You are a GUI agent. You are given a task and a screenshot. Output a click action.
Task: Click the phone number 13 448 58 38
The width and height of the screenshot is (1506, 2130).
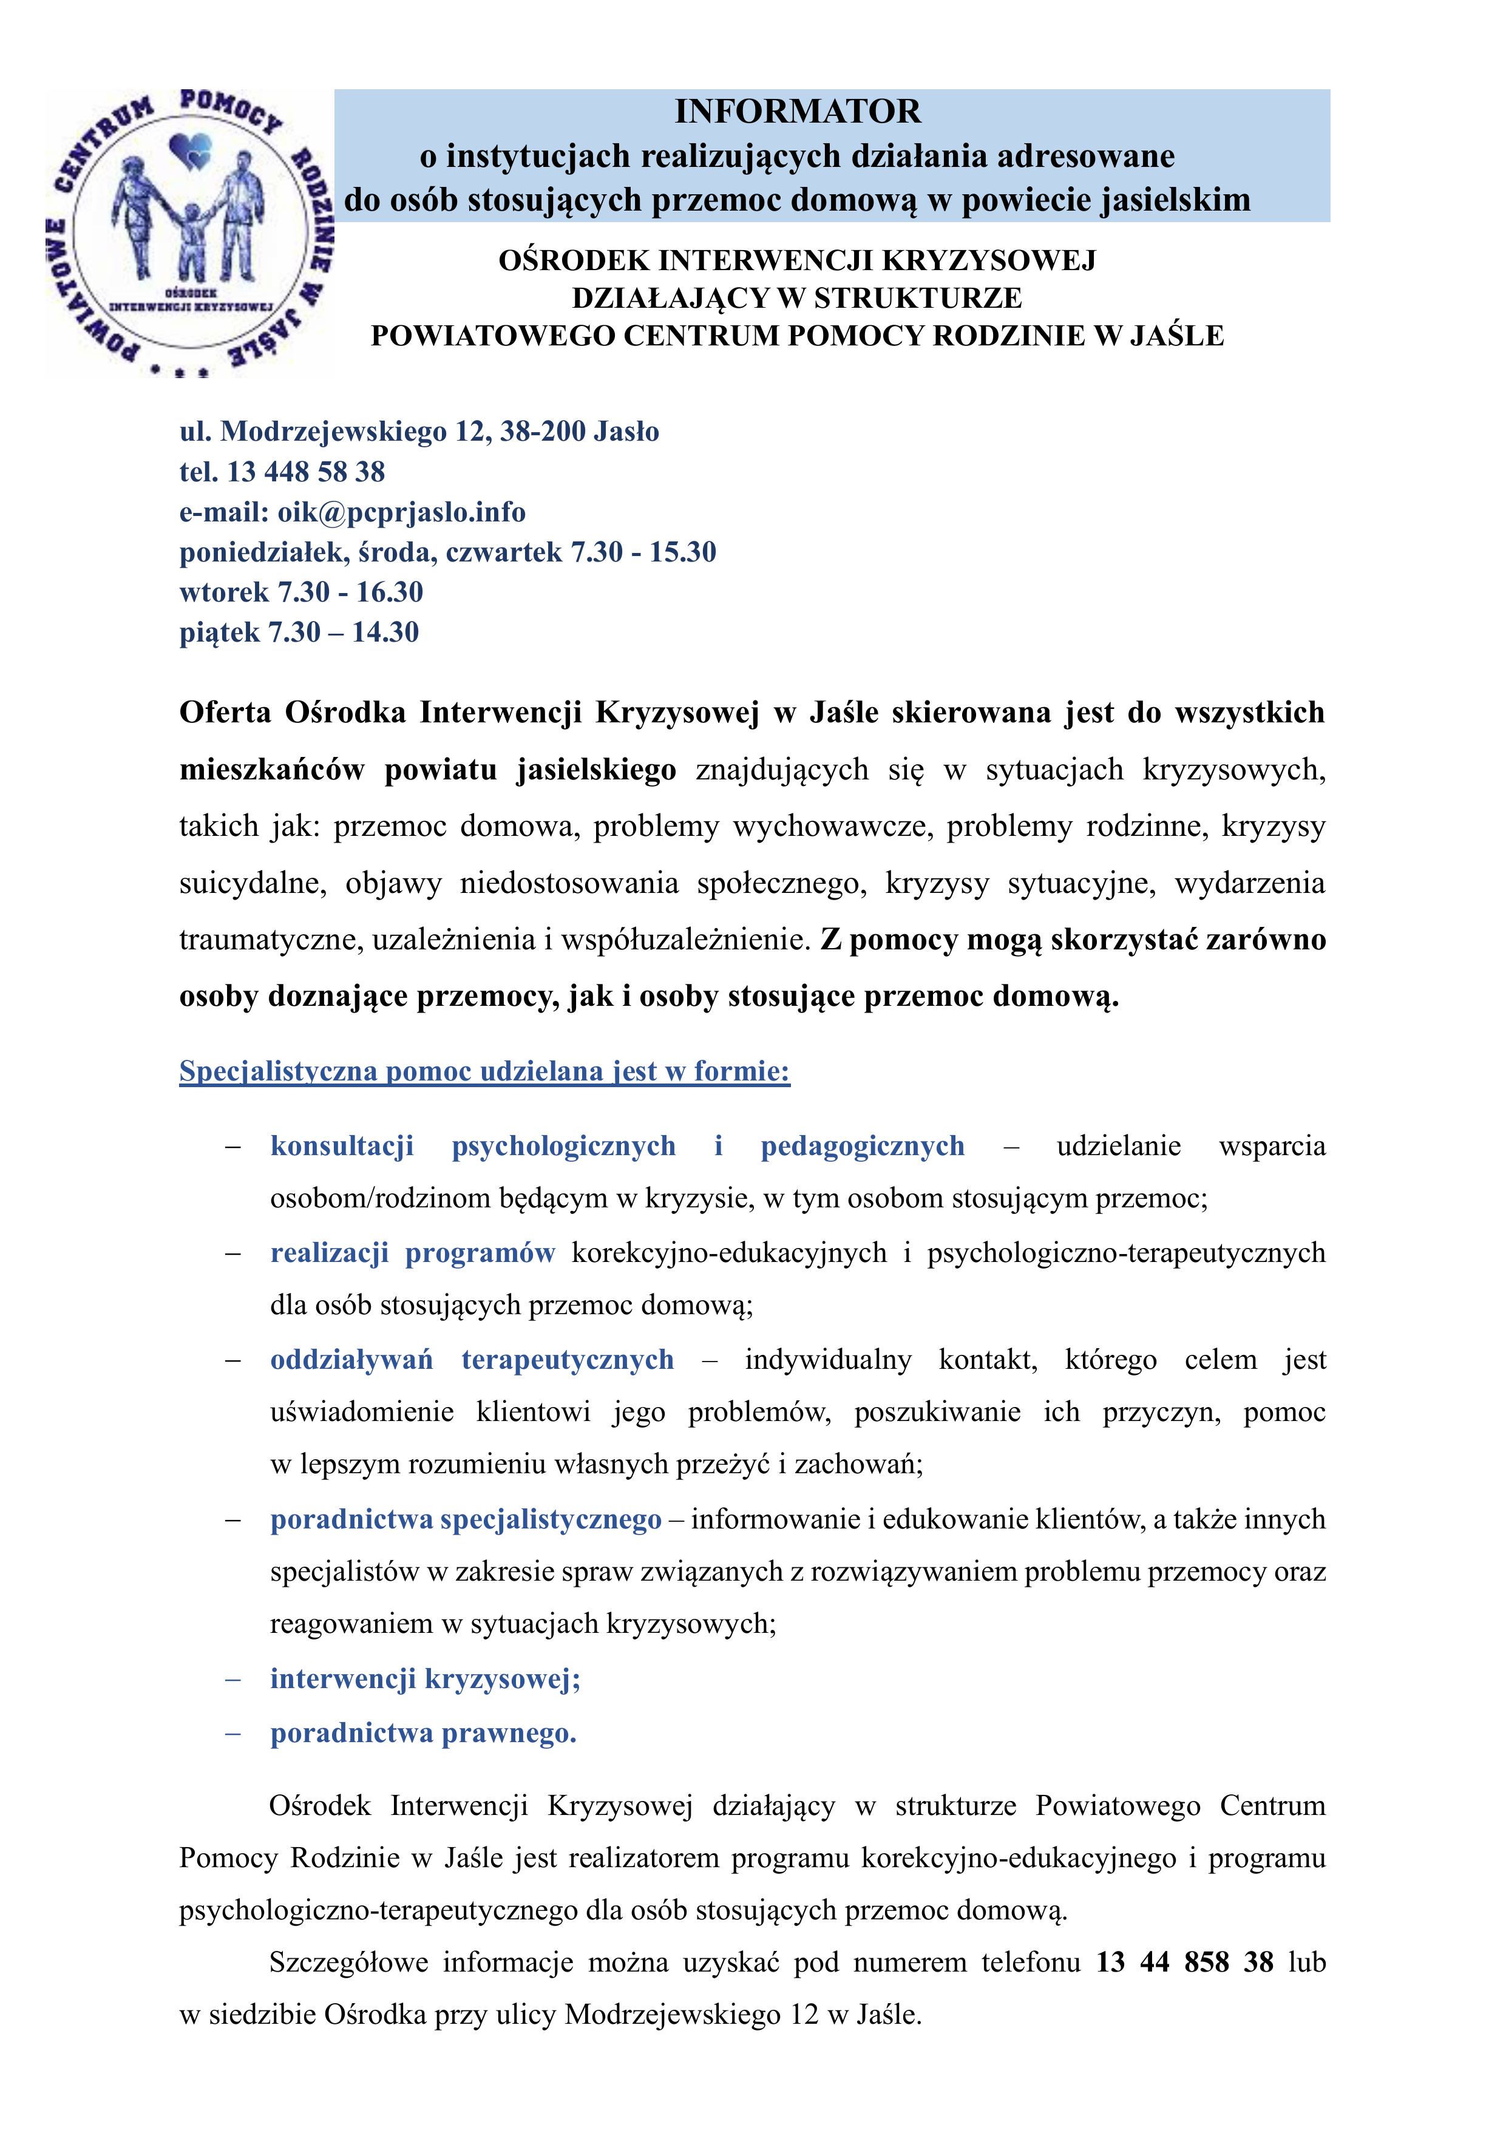tap(305, 472)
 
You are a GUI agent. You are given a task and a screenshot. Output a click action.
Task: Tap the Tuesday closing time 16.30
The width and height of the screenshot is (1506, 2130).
tap(390, 592)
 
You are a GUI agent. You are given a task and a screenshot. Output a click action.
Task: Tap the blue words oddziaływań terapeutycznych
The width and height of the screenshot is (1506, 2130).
tap(472, 1360)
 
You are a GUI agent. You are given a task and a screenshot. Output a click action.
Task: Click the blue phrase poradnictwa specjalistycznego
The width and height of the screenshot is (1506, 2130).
tap(466, 1519)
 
